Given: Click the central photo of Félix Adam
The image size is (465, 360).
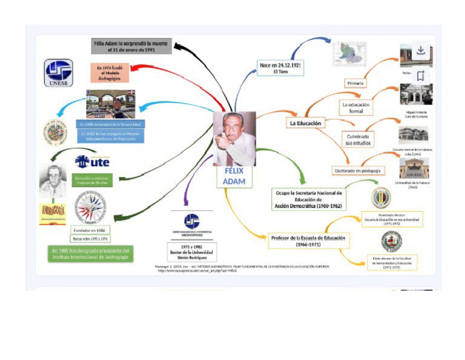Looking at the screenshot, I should (x=234, y=138).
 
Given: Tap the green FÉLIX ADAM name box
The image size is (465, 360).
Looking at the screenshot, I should (x=234, y=176).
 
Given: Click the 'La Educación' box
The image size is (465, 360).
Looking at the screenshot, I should (x=305, y=123).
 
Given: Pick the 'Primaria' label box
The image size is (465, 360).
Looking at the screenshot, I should (x=355, y=82).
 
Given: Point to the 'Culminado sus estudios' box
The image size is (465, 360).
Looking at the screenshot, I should (x=357, y=139).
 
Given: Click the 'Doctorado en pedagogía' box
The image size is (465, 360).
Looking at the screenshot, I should (x=358, y=171).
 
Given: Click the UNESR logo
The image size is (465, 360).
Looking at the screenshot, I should (x=59, y=73).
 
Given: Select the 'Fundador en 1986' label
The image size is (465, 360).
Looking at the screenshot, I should (x=91, y=230).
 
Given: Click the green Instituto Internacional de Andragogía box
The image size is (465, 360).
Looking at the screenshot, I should (x=91, y=254).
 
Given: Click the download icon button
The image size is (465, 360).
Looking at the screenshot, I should (x=421, y=50).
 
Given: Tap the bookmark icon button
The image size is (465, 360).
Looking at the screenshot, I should (x=421, y=75).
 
